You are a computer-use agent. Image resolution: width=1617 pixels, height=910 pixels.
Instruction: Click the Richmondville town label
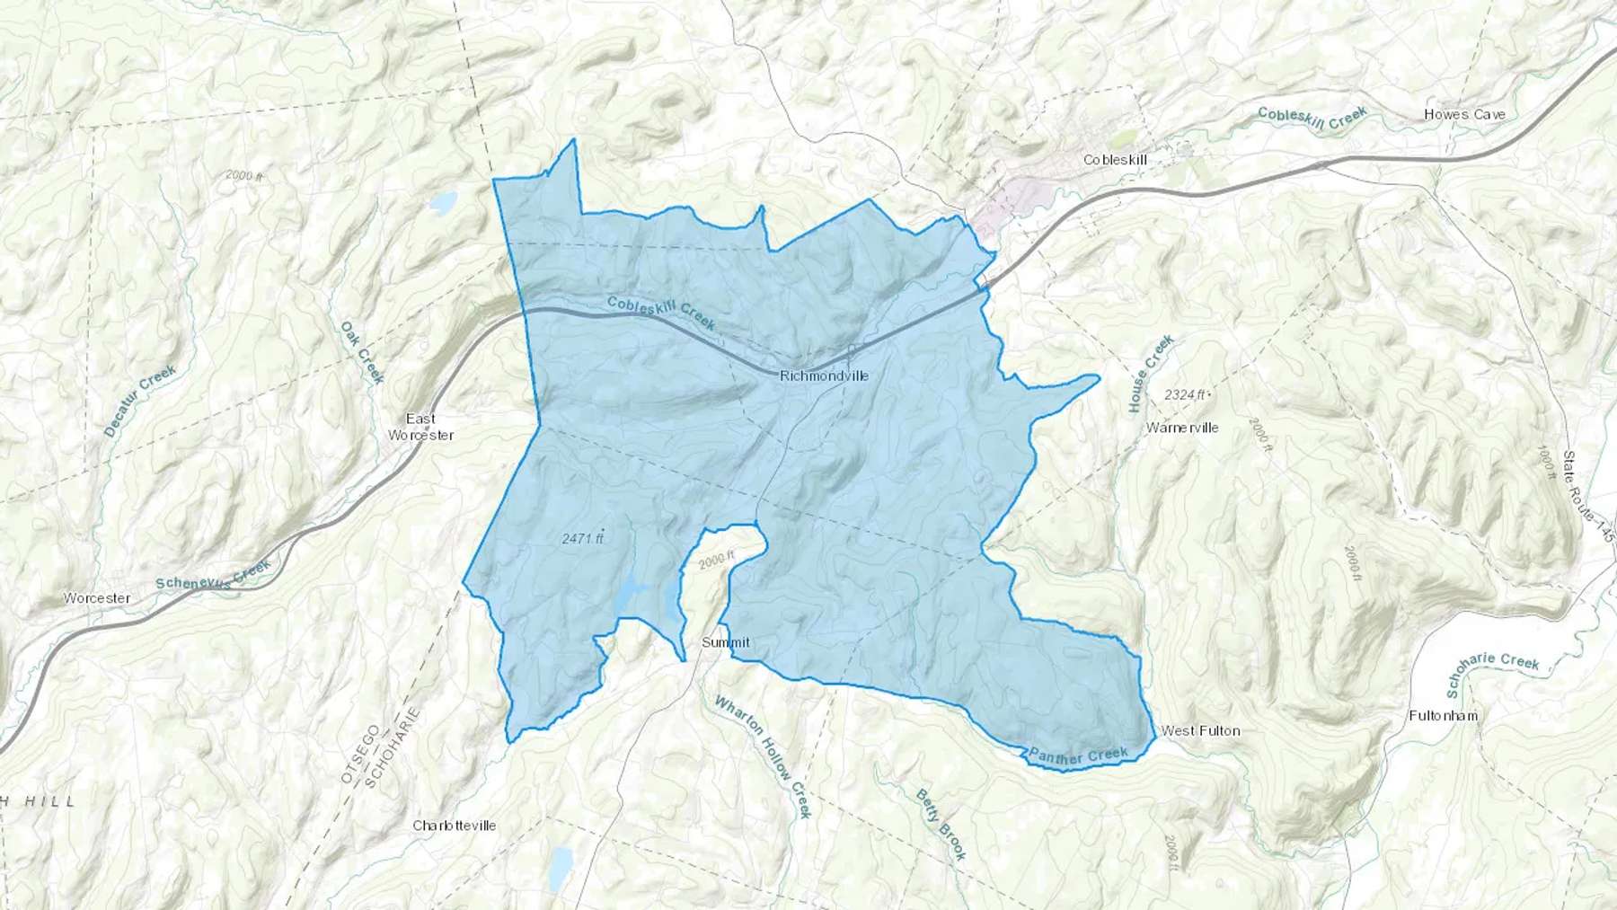(x=824, y=376)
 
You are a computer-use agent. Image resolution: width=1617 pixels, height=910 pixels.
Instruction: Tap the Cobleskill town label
(x=1115, y=160)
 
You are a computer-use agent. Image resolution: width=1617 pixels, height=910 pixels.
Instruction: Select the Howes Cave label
(x=1464, y=115)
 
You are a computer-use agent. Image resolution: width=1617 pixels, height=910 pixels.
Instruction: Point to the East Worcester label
(x=420, y=427)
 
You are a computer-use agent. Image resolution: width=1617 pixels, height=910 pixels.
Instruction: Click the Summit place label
(x=725, y=642)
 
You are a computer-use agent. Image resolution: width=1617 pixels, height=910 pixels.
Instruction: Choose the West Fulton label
(x=1200, y=730)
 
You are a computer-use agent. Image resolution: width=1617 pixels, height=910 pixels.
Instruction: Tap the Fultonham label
(x=1443, y=716)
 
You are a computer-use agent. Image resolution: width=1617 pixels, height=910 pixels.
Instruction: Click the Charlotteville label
(x=454, y=826)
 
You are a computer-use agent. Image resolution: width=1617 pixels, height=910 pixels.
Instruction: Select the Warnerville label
(x=1182, y=428)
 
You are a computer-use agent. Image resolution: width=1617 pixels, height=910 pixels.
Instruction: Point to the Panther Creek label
(x=1077, y=756)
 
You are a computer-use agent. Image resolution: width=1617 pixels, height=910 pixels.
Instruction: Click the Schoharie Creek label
(x=1492, y=676)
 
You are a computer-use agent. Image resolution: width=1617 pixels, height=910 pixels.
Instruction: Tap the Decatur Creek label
(x=140, y=401)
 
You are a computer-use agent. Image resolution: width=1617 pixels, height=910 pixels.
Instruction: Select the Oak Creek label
(x=362, y=352)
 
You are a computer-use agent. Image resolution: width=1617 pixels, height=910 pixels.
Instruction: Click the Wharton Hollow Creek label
(x=763, y=755)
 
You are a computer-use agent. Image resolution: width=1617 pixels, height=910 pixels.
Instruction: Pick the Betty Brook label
(x=941, y=825)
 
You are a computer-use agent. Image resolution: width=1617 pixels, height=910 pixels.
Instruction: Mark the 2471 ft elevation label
(x=583, y=538)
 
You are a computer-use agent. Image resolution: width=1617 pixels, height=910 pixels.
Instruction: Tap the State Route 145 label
(x=1587, y=499)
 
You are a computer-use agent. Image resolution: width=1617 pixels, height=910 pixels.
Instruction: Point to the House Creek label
(x=1152, y=374)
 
